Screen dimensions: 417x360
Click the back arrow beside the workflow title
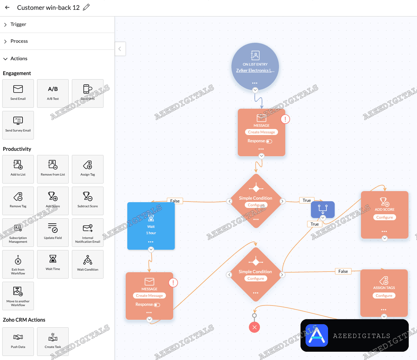tap(7, 8)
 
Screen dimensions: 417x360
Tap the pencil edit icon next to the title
tap(86, 7)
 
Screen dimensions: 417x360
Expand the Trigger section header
tap(18, 24)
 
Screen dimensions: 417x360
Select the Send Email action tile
tap(18, 93)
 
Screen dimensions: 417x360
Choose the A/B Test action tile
tap(53, 93)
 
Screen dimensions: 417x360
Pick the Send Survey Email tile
tap(18, 125)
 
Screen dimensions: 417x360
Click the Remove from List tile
tap(53, 169)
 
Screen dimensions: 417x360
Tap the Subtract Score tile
tap(88, 201)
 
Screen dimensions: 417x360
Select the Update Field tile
tap(53, 232)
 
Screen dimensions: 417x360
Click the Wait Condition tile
tap(88, 264)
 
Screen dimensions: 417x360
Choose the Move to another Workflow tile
tap(18, 296)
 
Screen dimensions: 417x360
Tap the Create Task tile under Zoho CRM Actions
tap(53, 341)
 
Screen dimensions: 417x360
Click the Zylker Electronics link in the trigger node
tap(255, 70)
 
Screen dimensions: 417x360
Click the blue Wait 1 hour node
tap(151, 226)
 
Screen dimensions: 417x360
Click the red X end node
tap(254, 327)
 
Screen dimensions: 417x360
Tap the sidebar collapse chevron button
tap(120, 49)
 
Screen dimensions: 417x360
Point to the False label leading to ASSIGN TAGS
tap(343, 271)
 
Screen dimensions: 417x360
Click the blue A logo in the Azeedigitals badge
tap(317, 335)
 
